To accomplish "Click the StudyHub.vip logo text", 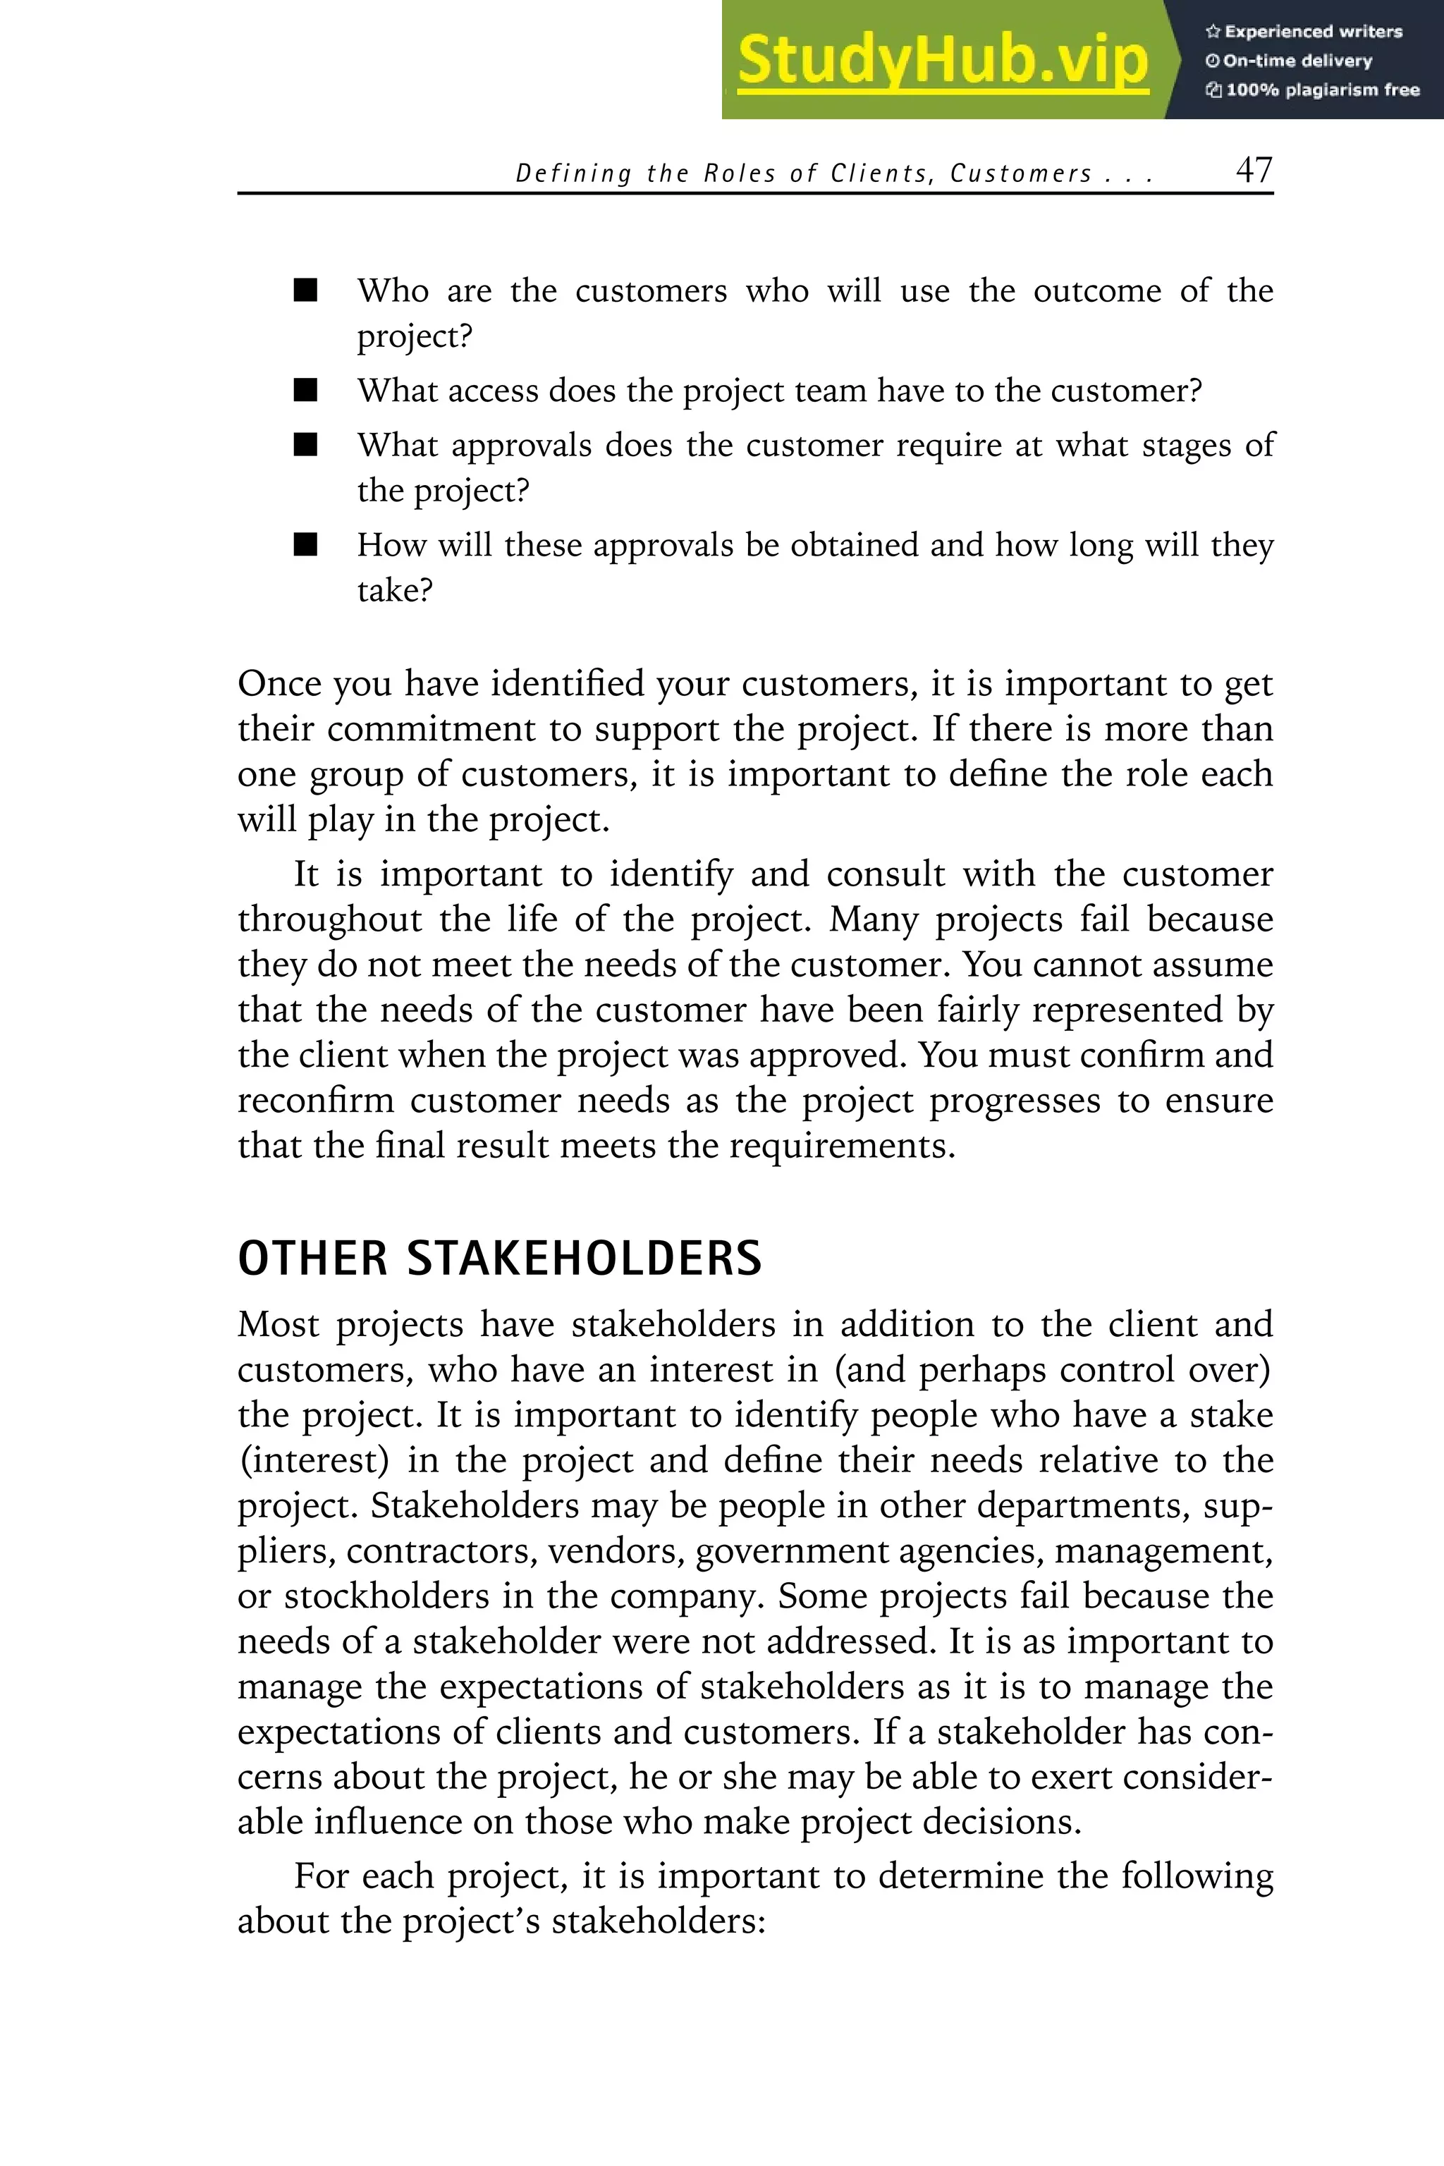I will (x=942, y=60).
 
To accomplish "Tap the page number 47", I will (x=1254, y=171).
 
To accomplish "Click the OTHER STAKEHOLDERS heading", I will (x=499, y=1259).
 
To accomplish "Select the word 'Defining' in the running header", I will (x=573, y=174).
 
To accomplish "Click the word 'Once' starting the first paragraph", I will (x=276, y=684).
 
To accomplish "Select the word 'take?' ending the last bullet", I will (x=394, y=590).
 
